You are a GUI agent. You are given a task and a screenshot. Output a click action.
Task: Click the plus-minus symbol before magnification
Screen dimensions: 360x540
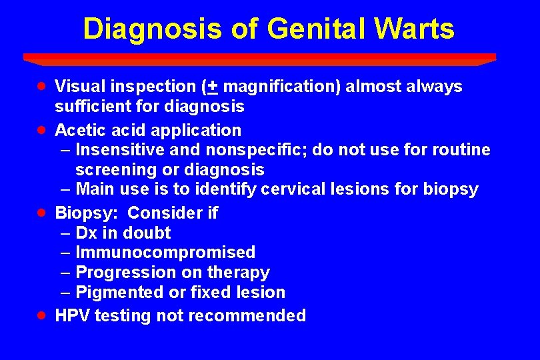(213, 87)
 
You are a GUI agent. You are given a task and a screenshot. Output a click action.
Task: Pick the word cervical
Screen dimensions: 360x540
(291, 189)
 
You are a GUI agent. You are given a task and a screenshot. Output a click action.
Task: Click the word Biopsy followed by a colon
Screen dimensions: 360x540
(87, 213)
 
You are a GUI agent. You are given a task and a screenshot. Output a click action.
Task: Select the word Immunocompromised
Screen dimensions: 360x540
(165, 253)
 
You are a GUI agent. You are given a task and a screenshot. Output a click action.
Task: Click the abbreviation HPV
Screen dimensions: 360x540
(72, 316)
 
